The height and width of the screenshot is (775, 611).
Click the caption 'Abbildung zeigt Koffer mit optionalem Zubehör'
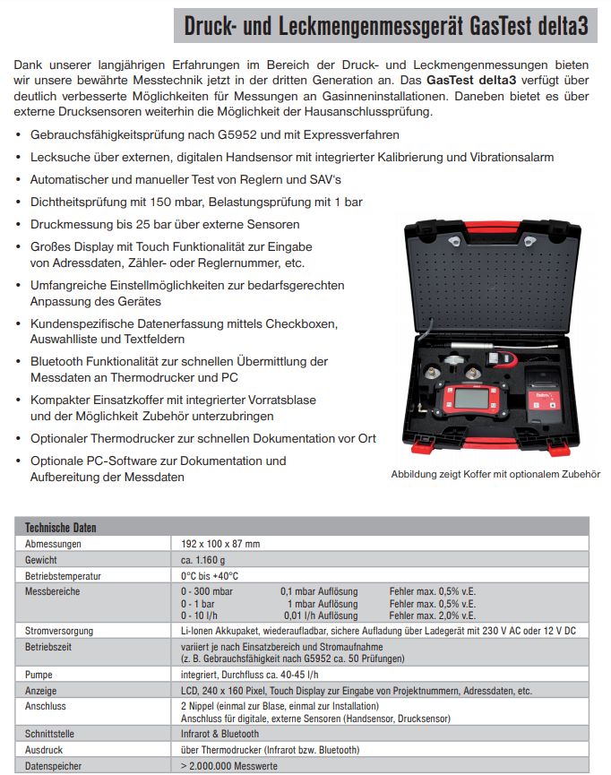coord(495,474)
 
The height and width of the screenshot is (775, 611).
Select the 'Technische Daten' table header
coord(61,527)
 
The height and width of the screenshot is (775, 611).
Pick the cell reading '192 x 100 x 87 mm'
coord(220,543)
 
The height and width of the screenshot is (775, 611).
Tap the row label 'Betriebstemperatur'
coord(63,575)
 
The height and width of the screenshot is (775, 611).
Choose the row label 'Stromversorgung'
coord(59,631)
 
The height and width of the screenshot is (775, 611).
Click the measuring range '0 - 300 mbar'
coord(207,591)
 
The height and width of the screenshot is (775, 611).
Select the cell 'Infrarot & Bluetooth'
coord(220,734)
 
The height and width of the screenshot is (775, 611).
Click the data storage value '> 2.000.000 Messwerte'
coord(228,766)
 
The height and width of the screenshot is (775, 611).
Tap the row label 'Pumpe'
coord(39,675)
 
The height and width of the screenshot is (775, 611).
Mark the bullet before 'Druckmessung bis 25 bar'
coord(21,225)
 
